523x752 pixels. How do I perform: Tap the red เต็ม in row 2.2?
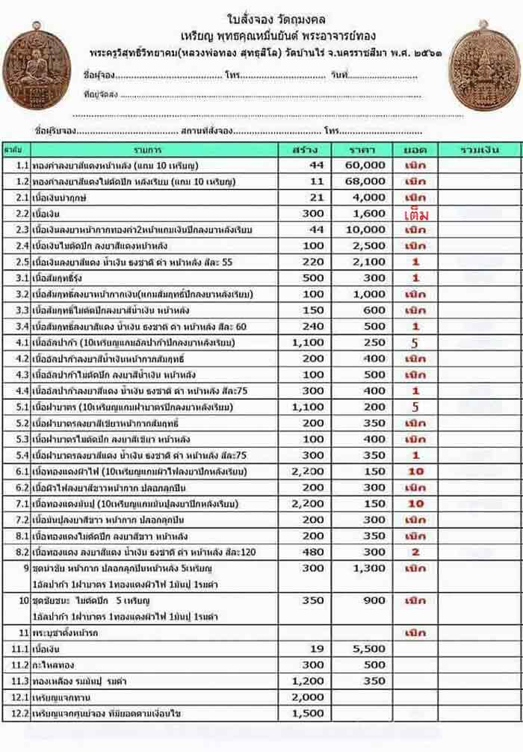[x=412, y=215]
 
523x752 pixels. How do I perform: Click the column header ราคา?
[x=366, y=149]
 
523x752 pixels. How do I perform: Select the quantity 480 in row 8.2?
[x=312, y=552]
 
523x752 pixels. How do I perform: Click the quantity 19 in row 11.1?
[x=317, y=649]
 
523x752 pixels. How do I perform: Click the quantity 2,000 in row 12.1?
[x=309, y=697]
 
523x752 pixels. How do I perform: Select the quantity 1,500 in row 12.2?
[x=309, y=714]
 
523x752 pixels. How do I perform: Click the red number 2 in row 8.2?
[x=415, y=552]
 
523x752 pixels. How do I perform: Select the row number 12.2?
[x=21, y=714]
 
